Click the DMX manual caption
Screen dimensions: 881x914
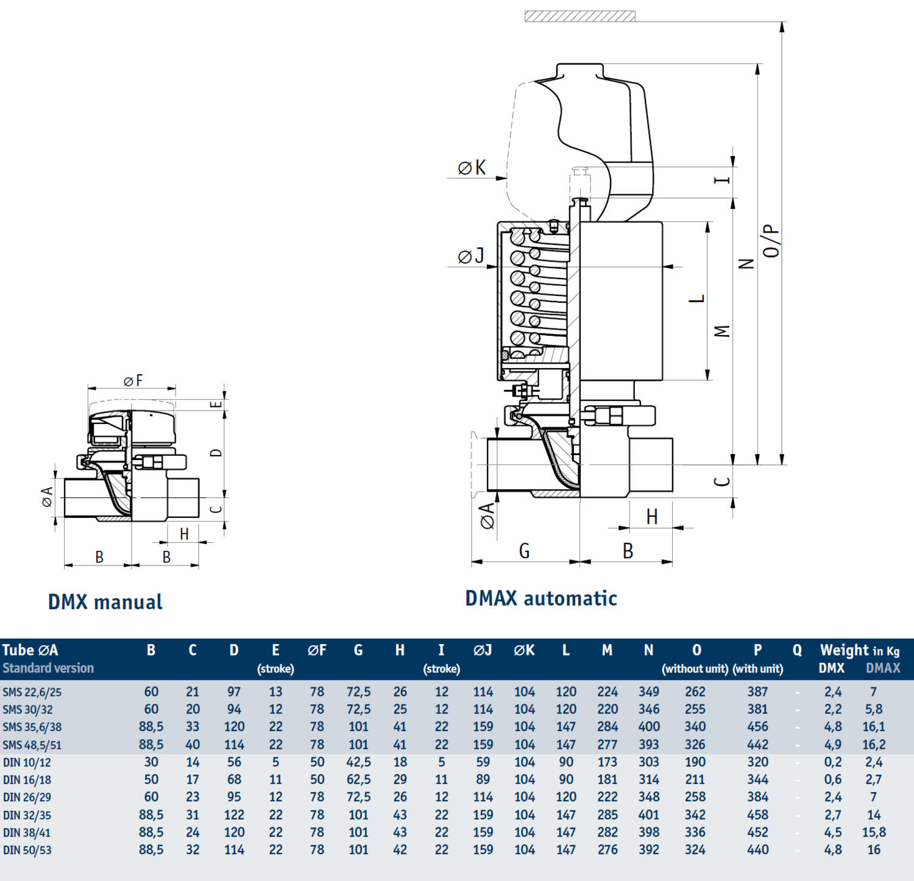[105, 602]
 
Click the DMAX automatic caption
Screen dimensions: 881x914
[540, 598]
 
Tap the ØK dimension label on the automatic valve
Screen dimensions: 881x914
[472, 168]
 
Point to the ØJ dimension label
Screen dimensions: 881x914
[470, 256]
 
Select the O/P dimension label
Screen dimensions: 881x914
[771, 241]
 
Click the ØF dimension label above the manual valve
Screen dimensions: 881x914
[133, 381]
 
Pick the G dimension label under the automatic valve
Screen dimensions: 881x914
[524, 551]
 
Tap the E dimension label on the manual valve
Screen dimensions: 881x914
[216, 405]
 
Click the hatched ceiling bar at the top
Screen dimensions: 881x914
[579, 16]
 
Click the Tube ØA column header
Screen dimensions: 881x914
[30, 650]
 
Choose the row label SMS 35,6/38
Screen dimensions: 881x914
[32, 727]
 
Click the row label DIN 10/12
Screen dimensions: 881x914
[27, 762]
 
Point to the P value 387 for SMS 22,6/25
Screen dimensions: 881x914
[757, 692]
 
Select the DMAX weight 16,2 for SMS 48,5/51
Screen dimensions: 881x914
[873, 745]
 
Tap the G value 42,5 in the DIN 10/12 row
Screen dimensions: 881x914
[358, 762]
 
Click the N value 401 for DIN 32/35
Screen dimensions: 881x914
[648, 815]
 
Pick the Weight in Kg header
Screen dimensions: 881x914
[859, 650]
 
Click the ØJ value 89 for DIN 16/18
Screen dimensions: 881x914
[483, 779]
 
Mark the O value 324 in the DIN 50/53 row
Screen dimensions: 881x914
[695, 849]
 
